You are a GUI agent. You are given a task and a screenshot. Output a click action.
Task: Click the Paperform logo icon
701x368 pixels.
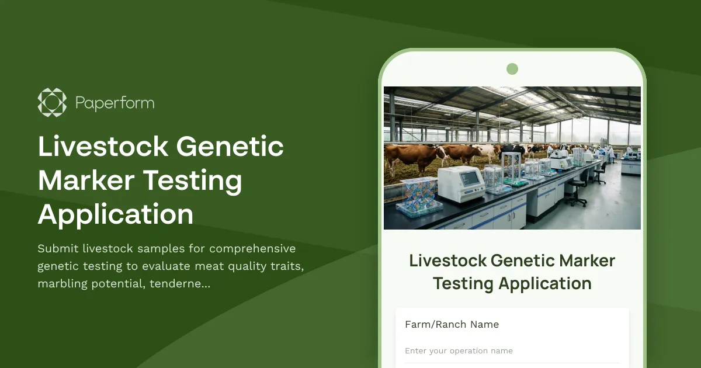[52, 102]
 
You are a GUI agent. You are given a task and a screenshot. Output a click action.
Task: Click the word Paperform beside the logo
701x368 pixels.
[114, 103]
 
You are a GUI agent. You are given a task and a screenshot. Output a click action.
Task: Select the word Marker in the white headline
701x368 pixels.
[86, 180]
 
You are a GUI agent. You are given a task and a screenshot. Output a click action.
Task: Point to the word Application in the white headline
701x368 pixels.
[116, 214]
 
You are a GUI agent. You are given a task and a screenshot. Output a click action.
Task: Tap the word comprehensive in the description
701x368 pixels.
[252, 249]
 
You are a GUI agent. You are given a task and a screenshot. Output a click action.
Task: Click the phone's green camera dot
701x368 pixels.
[512, 69]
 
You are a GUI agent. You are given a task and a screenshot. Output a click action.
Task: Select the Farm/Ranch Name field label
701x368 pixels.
[452, 324]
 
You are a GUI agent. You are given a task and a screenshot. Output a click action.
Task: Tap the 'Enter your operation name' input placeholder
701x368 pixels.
[459, 351]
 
